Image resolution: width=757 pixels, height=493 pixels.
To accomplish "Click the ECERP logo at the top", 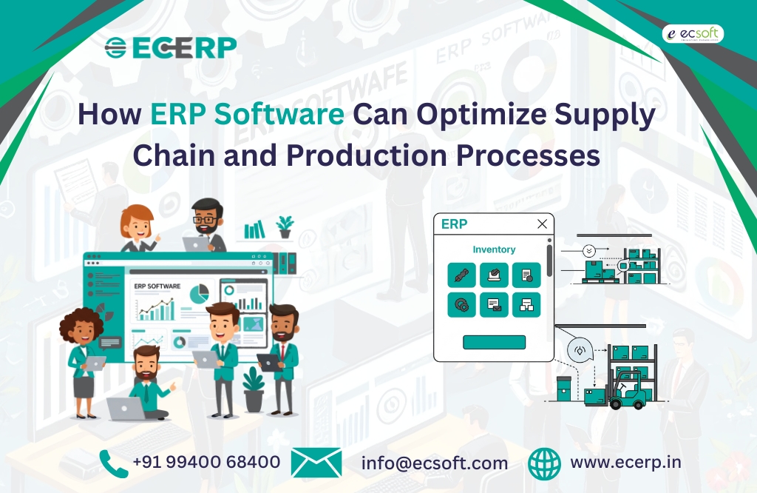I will (x=171, y=47).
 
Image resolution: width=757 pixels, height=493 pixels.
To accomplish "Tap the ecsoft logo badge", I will (x=692, y=33).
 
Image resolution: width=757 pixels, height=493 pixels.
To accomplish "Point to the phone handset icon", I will (x=113, y=463).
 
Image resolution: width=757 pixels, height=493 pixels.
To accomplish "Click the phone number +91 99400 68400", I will (x=206, y=463).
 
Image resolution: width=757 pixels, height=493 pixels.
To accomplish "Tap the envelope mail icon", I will (x=316, y=463).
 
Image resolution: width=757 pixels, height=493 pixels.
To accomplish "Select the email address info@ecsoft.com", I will (x=435, y=463).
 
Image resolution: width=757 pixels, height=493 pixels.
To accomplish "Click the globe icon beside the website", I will (x=545, y=463).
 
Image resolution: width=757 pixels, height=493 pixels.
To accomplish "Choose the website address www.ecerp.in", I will (x=625, y=463).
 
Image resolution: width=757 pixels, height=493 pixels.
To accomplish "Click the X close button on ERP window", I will (x=542, y=224).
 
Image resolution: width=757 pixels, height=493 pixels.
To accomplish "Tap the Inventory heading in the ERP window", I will (x=494, y=249).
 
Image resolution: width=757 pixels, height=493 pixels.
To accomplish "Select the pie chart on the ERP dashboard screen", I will (x=199, y=294).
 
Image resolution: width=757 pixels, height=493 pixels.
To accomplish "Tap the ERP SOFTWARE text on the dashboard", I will (x=157, y=286).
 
